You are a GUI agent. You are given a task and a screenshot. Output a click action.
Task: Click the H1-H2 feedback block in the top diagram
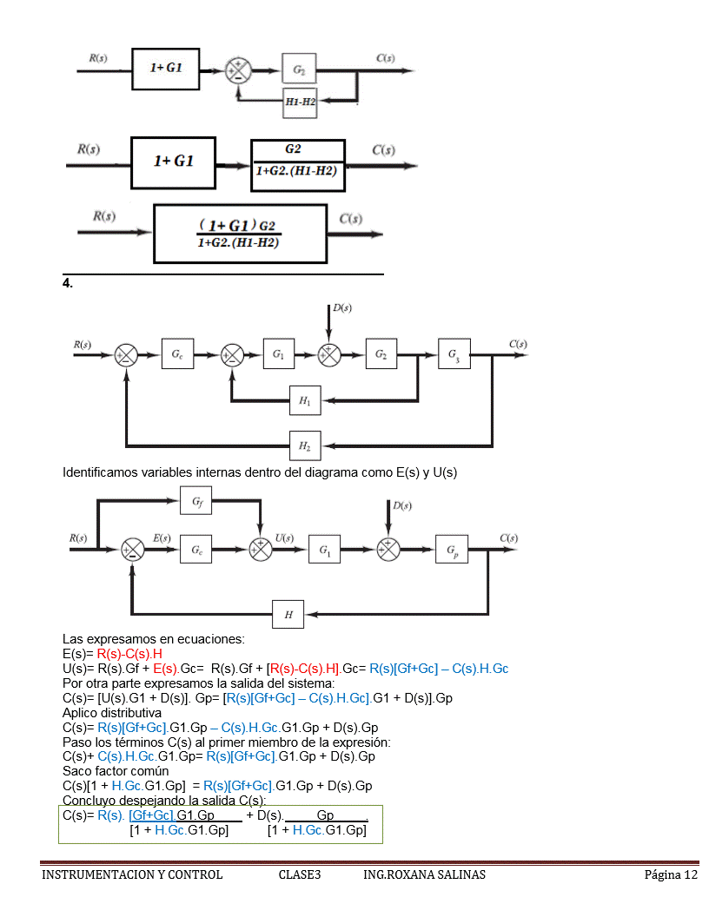(300, 102)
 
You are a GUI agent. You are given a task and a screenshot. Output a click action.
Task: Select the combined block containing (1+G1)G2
(240, 234)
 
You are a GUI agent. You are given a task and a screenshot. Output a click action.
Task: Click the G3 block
(455, 354)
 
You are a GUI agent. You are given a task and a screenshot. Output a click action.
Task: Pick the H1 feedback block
(305, 401)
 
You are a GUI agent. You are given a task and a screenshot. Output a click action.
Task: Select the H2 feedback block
(305, 445)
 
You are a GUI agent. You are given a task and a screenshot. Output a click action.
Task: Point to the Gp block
(453, 550)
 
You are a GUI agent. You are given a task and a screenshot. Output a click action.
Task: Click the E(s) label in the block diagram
(162, 538)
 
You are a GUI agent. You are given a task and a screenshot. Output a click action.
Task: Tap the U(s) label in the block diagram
(284, 538)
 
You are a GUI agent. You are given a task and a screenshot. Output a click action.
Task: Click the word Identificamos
(103, 472)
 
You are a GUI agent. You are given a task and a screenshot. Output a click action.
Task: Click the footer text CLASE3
(300, 874)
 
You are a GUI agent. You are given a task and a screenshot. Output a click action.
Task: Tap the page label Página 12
(671, 874)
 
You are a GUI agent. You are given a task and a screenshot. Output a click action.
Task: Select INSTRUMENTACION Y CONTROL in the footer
(132, 874)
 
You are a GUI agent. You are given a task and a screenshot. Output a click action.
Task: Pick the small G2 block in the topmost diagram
(299, 69)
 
